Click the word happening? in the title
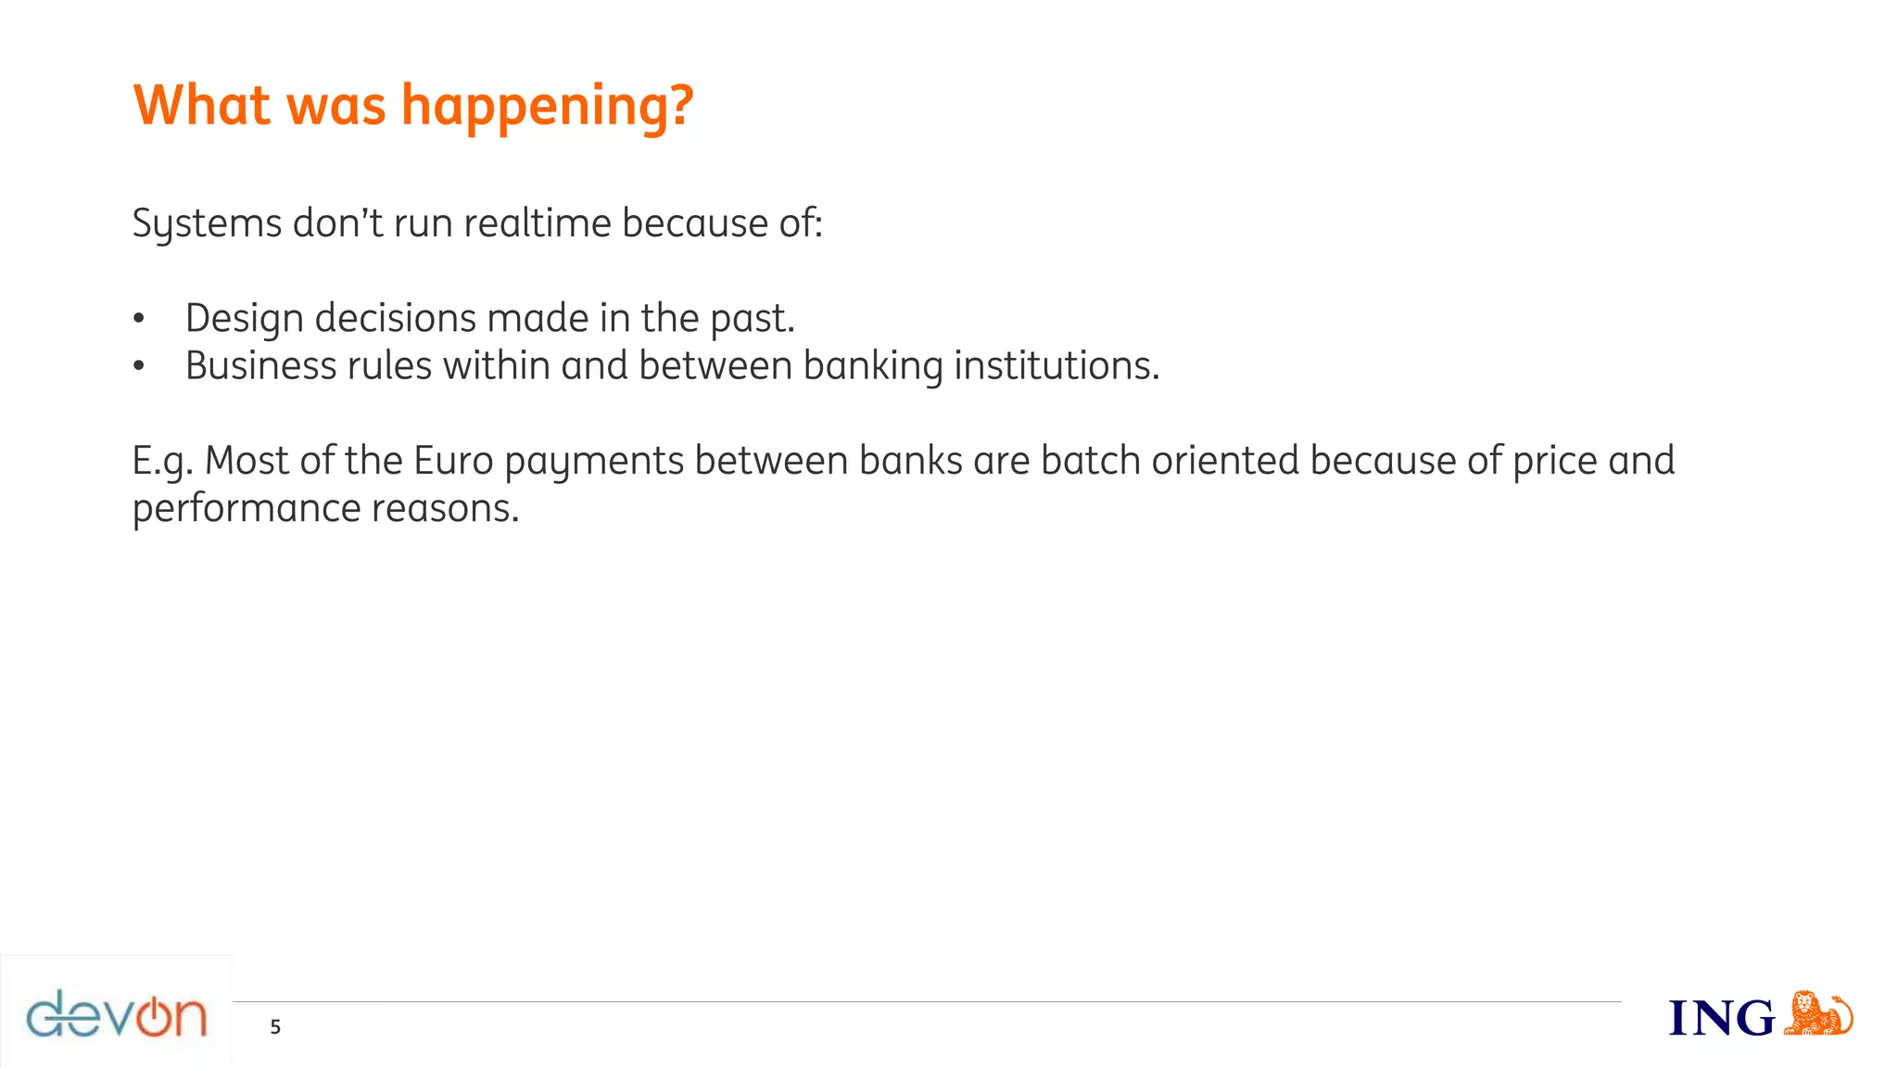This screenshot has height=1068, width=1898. [547, 107]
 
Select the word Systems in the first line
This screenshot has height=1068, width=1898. [207, 223]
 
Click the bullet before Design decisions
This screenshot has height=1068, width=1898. [139, 320]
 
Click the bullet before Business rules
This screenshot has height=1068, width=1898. [139, 367]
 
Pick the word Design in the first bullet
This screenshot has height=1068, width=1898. [244, 319]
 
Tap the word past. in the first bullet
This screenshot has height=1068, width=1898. [753, 319]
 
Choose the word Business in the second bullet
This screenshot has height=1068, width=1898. [260, 365]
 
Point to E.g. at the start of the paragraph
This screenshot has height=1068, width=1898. [162, 462]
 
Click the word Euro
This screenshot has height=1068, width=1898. [453, 461]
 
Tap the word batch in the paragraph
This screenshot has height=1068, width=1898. [1090, 461]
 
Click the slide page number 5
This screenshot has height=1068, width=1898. [275, 1027]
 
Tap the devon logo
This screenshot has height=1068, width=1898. [117, 1014]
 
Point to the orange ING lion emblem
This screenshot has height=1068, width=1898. [1816, 1013]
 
